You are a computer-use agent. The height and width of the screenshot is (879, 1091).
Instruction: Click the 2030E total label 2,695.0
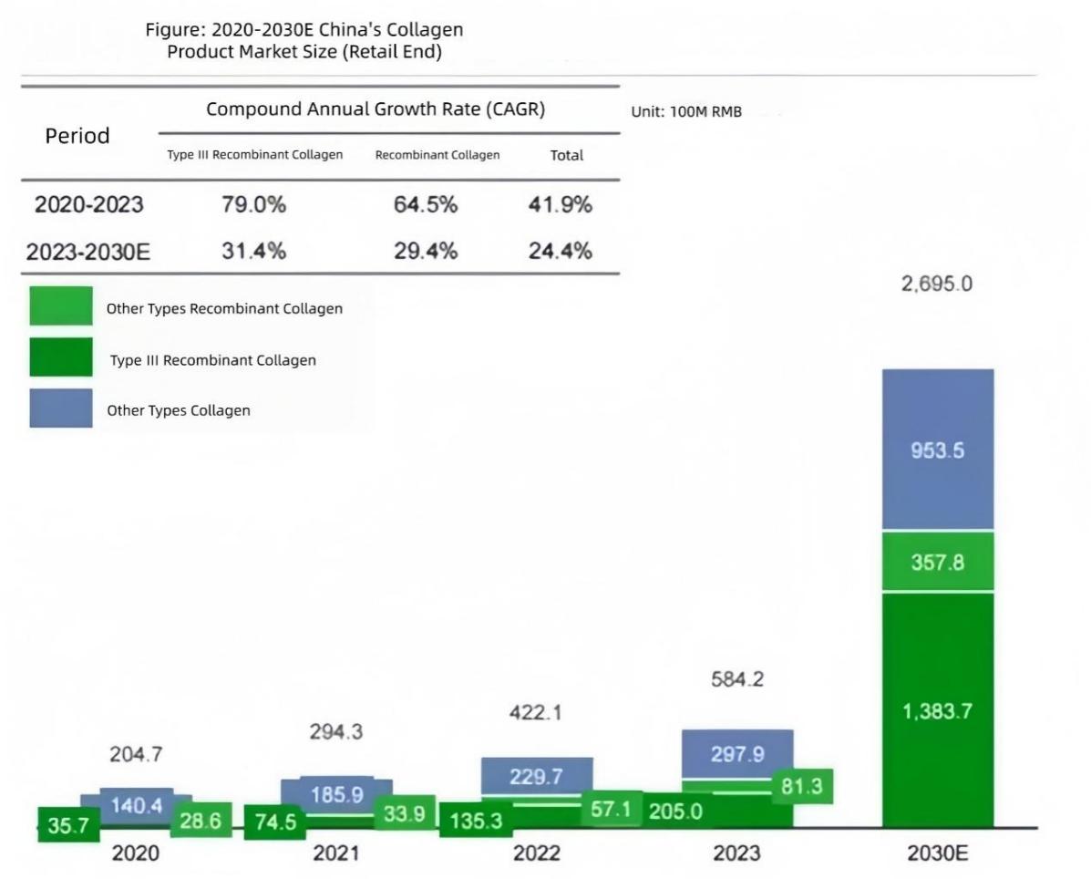[937, 284]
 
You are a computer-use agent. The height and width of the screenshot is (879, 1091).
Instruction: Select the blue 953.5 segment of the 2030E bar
[937, 450]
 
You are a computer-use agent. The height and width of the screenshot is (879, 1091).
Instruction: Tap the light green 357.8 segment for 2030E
[937, 562]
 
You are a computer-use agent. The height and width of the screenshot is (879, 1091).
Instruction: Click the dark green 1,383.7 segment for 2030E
[937, 711]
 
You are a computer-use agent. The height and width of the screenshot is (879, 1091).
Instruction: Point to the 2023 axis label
[736, 853]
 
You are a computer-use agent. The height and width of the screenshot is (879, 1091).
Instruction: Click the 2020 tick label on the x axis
[135, 853]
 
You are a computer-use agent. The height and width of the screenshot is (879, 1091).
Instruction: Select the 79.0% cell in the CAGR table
[253, 205]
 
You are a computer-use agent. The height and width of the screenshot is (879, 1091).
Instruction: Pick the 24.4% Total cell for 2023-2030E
[560, 251]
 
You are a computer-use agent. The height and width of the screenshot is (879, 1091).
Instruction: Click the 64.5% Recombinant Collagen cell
[426, 205]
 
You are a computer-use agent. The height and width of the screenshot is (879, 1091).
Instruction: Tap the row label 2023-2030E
[87, 252]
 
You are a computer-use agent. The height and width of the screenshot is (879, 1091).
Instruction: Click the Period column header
[77, 136]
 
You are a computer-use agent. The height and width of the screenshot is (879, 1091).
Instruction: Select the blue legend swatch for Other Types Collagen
[61, 408]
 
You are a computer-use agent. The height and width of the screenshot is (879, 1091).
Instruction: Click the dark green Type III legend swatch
[61, 357]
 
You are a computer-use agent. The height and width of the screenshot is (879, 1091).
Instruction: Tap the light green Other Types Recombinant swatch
[61, 306]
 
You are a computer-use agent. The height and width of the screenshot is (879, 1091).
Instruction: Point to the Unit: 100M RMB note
[685, 112]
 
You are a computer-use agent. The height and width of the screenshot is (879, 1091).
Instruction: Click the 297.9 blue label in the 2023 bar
[736, 755]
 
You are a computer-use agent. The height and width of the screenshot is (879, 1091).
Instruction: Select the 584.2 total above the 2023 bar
[736, 680]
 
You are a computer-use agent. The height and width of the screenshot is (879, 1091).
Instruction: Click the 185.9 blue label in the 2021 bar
[336, 795]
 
